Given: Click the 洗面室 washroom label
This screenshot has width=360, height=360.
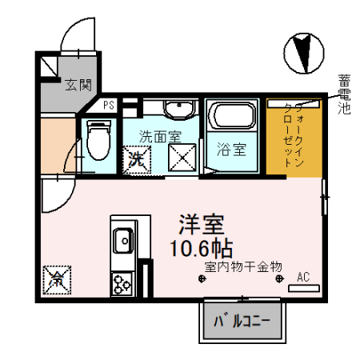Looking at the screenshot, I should coord(158,135).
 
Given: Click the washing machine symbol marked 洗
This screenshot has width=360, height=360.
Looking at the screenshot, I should coord(137,158).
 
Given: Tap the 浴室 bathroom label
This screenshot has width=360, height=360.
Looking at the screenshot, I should coord(230,150).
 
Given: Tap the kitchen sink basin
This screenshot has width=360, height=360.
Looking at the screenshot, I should coord(124,238).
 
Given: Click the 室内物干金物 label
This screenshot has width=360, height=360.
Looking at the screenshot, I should coord(242,266).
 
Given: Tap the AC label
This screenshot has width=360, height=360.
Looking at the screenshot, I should coord(302,278).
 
